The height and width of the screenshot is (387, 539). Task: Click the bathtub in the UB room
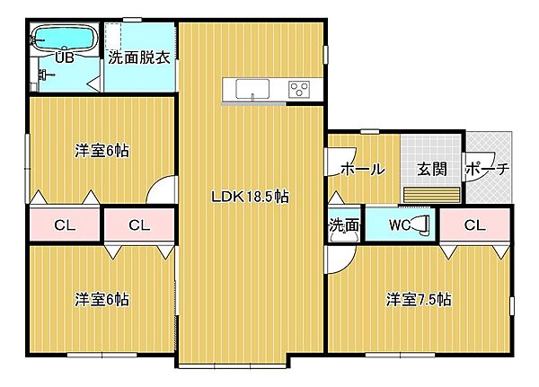(x=63, y=39)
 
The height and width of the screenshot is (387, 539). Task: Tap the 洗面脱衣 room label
(x=139, y=58)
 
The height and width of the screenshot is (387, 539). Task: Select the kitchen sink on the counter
(x=252, y=89)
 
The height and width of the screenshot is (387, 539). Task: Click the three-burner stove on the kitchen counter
(x=299, y=89)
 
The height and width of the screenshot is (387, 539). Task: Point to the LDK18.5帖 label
(x=250, y=197)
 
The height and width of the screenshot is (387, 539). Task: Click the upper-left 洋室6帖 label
(x=102, y=151)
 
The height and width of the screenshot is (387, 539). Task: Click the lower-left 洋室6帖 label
(x=102, y=300)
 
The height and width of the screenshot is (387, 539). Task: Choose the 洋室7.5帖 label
(x=419, y=300)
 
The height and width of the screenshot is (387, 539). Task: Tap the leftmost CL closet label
(x=65, y=225)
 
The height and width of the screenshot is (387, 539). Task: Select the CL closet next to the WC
(x=474, y=225)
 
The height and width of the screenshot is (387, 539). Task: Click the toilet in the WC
(x=421, y=224)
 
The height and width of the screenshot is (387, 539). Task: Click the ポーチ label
(x=487, y=169)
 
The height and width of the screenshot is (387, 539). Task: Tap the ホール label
(x=363, y=169)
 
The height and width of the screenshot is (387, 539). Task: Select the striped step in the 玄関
(x=432, y=195)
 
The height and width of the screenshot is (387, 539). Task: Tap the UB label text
(x=65, y=57)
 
